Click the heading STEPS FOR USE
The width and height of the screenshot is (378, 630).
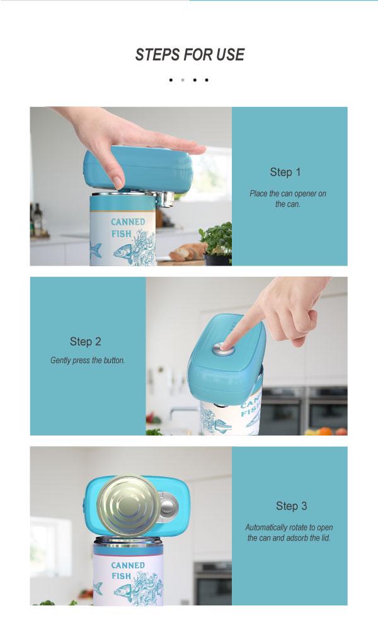click(x=190, y=55)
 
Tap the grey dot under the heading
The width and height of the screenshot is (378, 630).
click(x=183, y=80)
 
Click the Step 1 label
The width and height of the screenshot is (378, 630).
click(x=285, y=172)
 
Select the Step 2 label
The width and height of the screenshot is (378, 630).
click(x=85, y=342)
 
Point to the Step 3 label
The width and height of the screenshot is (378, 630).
click(x=291, y=506)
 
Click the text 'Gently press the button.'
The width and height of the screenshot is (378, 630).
click(x=88, y=361)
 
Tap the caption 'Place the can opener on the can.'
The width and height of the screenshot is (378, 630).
click(x=288, y=198)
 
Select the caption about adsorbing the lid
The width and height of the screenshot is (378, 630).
click(x=289, y=533)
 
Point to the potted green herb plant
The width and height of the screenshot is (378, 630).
click(x=217, y=244)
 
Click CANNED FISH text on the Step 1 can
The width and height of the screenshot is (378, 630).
click(x=127, y=227)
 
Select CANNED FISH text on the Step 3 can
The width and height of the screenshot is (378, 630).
click(x=127, y=571)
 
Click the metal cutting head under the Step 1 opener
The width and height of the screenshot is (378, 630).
click(x=165, y=198)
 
